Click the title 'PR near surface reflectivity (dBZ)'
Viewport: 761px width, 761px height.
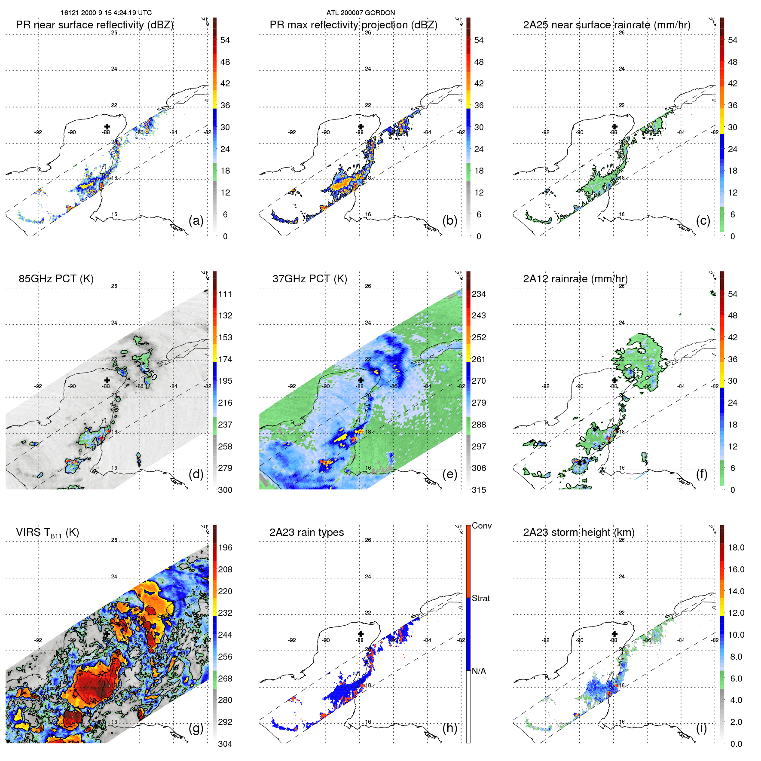click(95, 25)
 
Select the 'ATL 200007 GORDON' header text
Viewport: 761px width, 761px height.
click(361, 12)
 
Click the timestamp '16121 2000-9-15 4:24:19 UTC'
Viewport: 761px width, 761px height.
click(106, 12)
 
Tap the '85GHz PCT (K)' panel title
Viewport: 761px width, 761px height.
click(56, 278)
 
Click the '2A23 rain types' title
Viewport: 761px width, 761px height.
click(306, 532)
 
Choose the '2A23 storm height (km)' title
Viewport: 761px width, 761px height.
click(578, 532)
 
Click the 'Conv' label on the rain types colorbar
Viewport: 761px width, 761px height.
click(481, 526)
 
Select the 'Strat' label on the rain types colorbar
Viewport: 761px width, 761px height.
click(480, 598)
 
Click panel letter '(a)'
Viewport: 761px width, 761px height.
click(196, 220)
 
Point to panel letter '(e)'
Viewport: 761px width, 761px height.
click(449, 474)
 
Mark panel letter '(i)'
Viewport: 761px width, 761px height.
click(701, 728)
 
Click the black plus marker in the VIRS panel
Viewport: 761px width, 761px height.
click(107, 634)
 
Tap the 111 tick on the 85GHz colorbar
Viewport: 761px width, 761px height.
click(225, 294)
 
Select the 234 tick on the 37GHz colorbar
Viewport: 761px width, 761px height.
click(479, 294)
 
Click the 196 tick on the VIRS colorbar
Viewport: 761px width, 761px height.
click(225, 547)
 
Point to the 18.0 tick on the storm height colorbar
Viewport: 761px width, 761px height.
click(736, 547)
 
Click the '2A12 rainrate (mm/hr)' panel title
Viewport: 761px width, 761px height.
click(575, 278)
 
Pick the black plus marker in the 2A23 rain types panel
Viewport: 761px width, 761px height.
click(361, 634)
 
